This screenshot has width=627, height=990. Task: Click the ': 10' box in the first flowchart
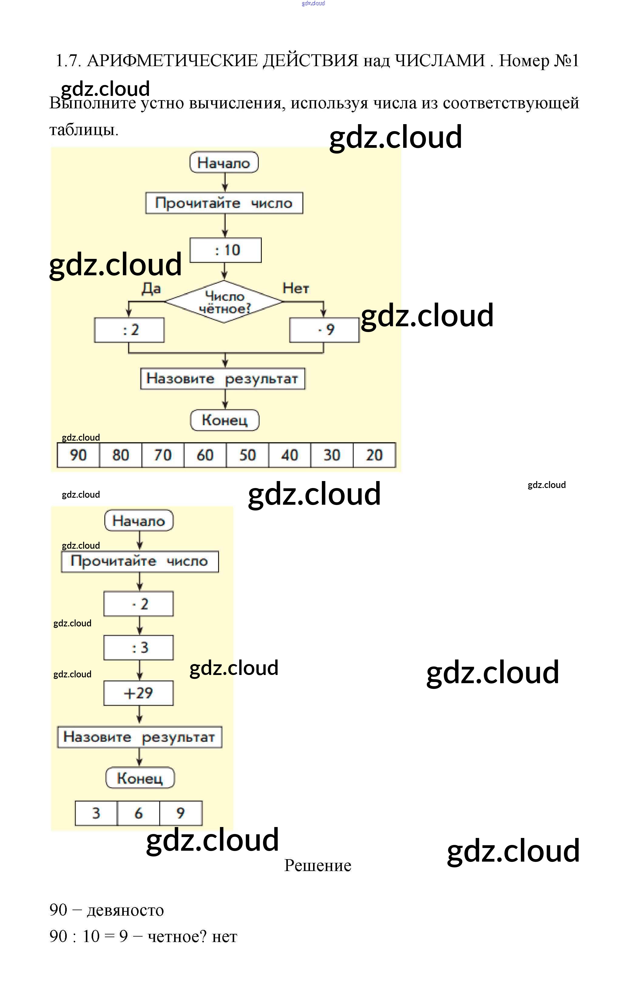[x=225, y=250]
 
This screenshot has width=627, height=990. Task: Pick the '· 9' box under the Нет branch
[x=324, y=330]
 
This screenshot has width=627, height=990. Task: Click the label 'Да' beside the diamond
[x=151, y=289]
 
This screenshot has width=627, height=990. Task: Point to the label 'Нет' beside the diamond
[x=295, y=289]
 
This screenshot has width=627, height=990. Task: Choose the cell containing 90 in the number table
[x=78, y=455]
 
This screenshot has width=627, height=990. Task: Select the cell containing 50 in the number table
[x=247, y=455]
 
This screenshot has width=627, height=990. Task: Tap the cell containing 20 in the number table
[x=374, y=455]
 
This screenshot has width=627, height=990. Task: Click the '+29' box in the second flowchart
[x=138, y=693]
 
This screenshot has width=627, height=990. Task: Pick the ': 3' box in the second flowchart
[x=138, y=648]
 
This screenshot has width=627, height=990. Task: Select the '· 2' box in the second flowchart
[x=138, y=604]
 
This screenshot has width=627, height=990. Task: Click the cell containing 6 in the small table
[x=138, y=813]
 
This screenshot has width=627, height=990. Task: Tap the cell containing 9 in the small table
[x=181, y=813]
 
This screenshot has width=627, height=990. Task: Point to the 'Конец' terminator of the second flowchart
[x=140, y=778]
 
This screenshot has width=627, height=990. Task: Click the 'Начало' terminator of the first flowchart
[x=224, y=163]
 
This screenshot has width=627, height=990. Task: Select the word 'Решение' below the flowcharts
[x=318, y=866]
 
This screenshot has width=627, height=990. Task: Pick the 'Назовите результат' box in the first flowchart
[x=223, y=379]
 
